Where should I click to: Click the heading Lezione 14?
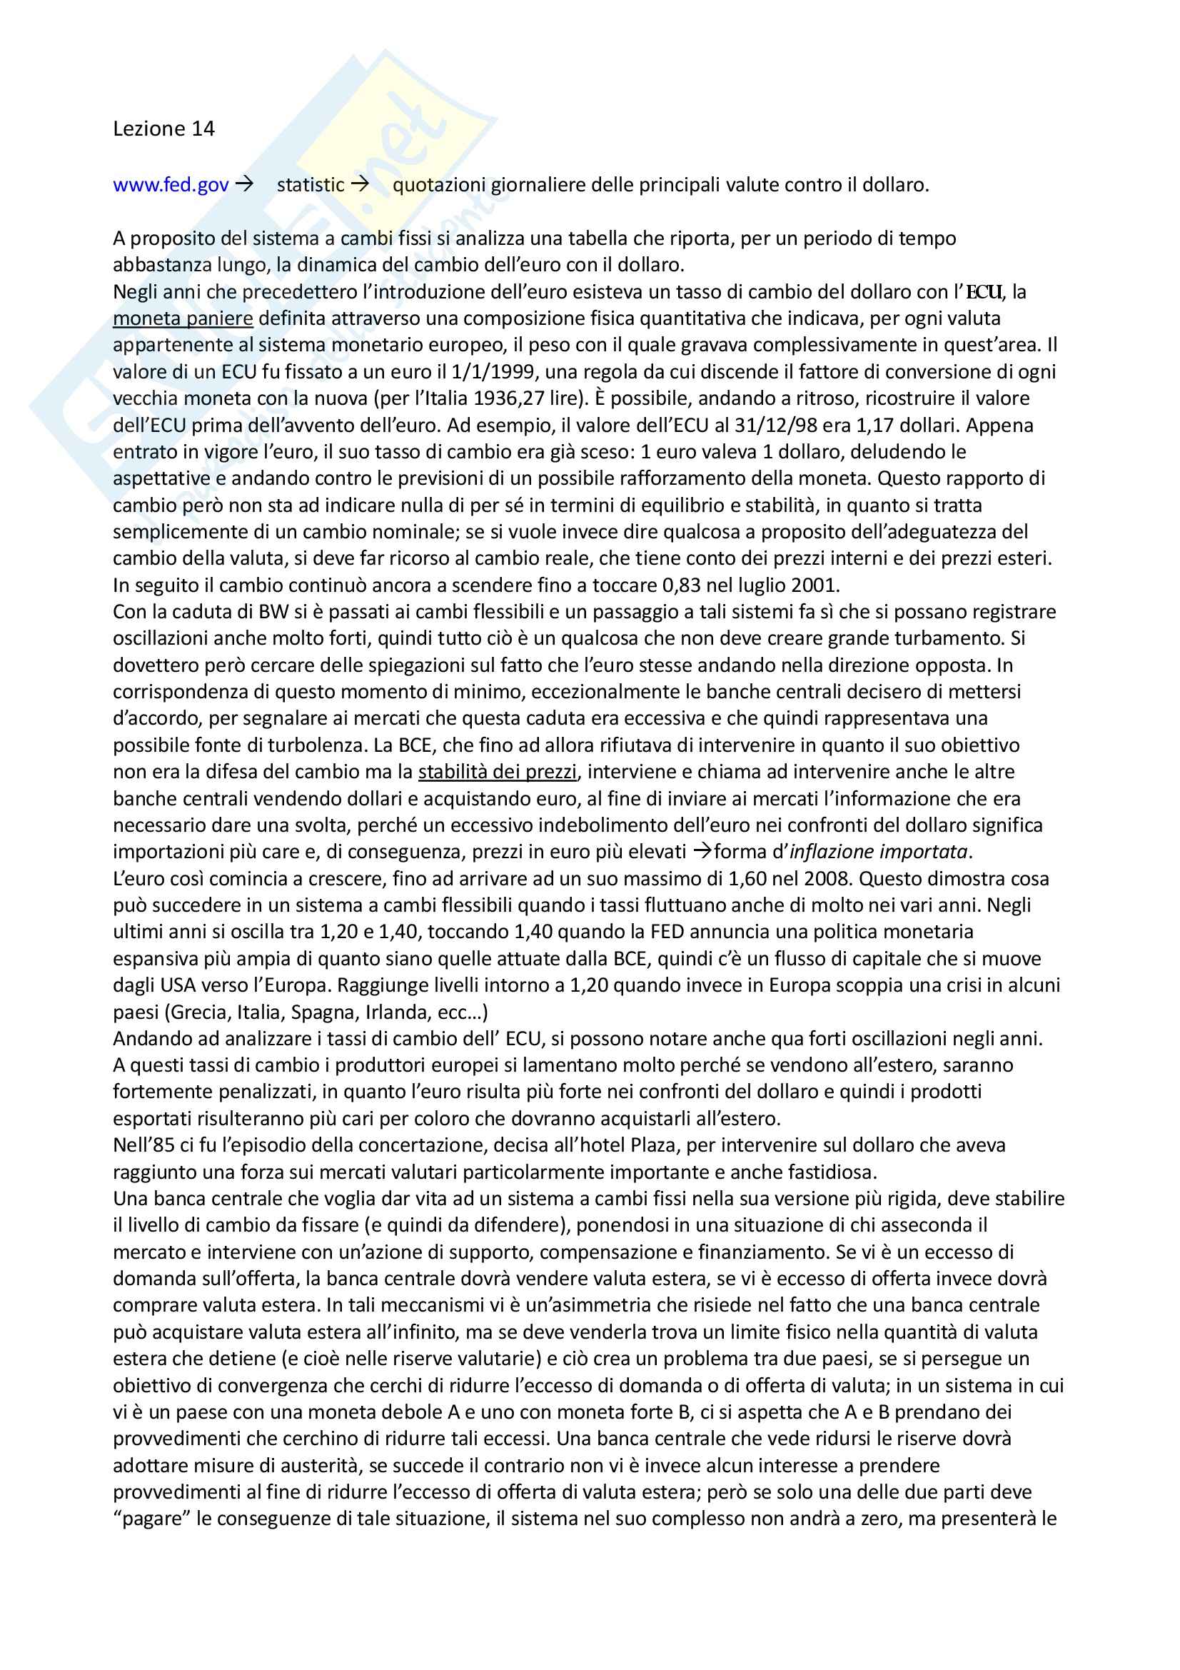click(163, 129)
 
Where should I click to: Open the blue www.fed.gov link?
click(171, 185)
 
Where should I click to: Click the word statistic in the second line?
click(311, 185)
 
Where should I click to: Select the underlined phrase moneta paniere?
click(183, 318)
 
